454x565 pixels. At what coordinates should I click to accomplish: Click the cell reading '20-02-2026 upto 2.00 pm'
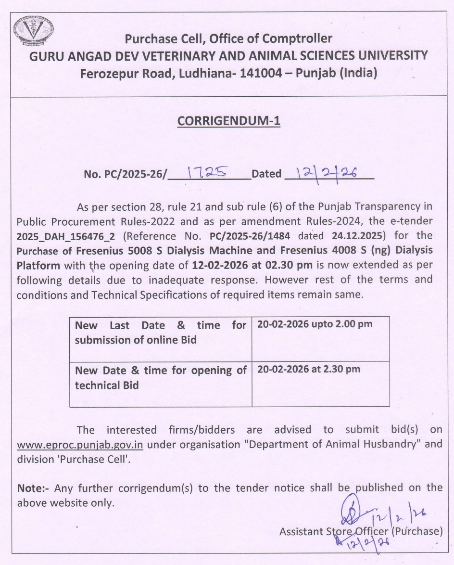pos(315,324)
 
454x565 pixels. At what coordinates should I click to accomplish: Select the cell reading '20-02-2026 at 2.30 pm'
pos(309,369)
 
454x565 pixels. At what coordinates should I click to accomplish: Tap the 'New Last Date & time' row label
pos(161,332)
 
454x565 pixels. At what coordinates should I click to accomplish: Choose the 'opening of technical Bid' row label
pos(161,377)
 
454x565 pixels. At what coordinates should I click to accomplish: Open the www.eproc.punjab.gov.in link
pos(80,444)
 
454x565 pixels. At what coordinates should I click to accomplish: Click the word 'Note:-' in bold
pos(33,488)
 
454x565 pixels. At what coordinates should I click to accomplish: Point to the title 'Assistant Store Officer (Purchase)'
pos(361,531)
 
